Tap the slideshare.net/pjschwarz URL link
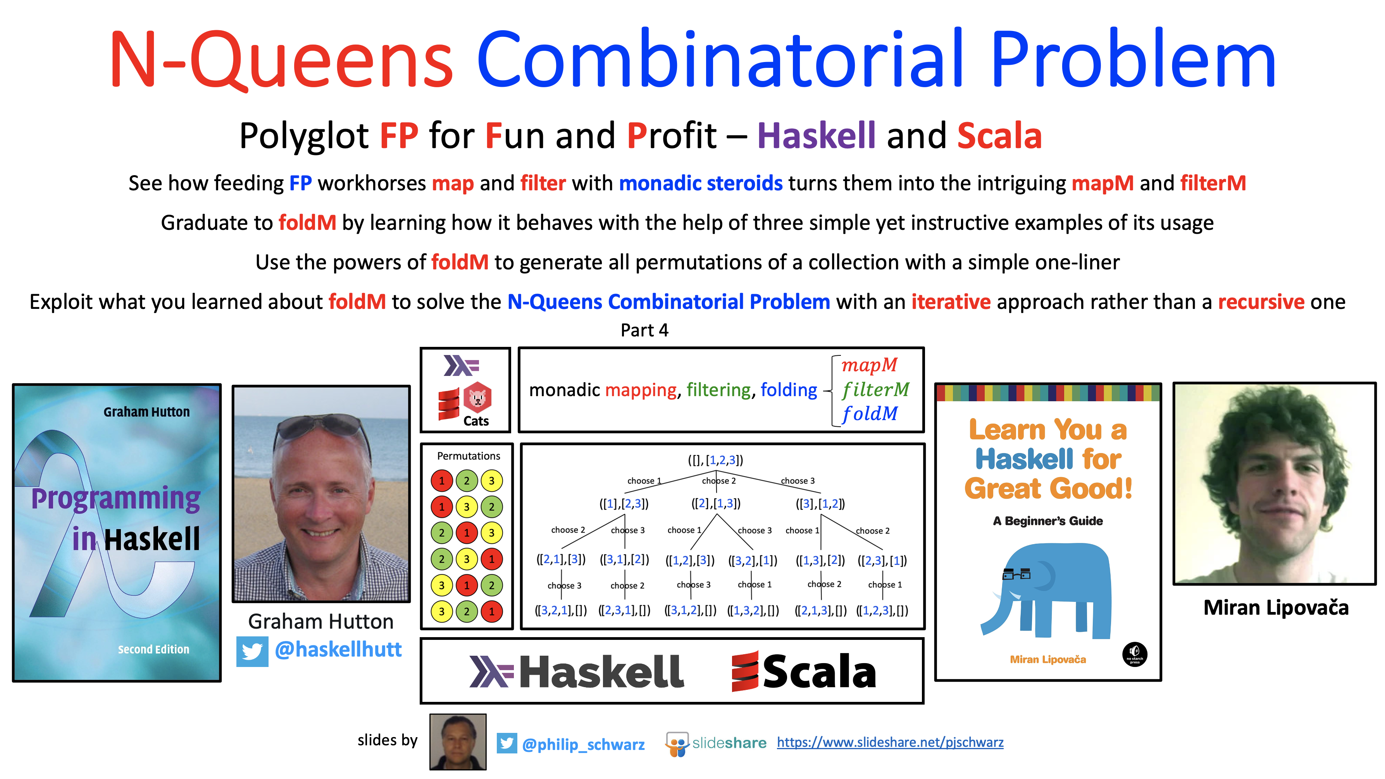click(x=890, y=743)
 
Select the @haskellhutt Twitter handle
click(x=338, y=650)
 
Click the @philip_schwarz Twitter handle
click(x=583, y=744)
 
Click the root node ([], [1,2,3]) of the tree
click(x=716, y=460)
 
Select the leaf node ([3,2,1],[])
click(x=561, y=610)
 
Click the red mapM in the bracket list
click(x=869, y=365)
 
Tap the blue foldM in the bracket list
click(x=869, y=414)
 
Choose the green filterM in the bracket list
click(x=875, y=389)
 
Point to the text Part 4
click(x=644, y=330)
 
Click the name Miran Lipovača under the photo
click(x=1276, y=607)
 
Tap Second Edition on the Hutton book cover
click(x=154, y=650)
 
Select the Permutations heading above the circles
click(x=468, y=456)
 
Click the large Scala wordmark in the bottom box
click(x=804, y=672)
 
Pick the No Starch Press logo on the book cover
click(x=1134, y=654)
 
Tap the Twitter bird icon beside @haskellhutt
click(x=252, y=651)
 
